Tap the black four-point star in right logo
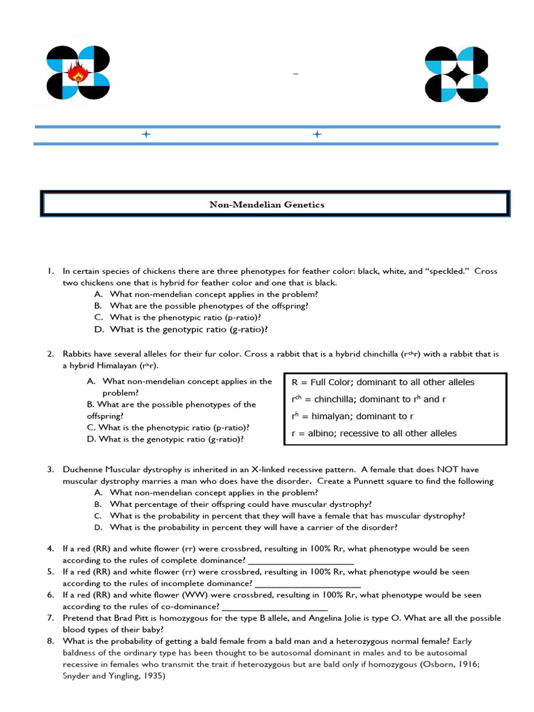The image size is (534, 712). coord(455,74)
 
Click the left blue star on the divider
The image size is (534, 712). coord(146,134)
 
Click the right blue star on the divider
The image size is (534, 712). coord(317,134)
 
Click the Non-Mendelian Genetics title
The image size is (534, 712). coord(267,204)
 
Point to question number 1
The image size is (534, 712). coord(51,271)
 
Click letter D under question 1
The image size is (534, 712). coord(99,330)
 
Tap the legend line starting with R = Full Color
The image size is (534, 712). coord(383,382)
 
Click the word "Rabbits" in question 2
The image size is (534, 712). coord(78,354)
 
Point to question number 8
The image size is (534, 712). coord(51,641)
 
